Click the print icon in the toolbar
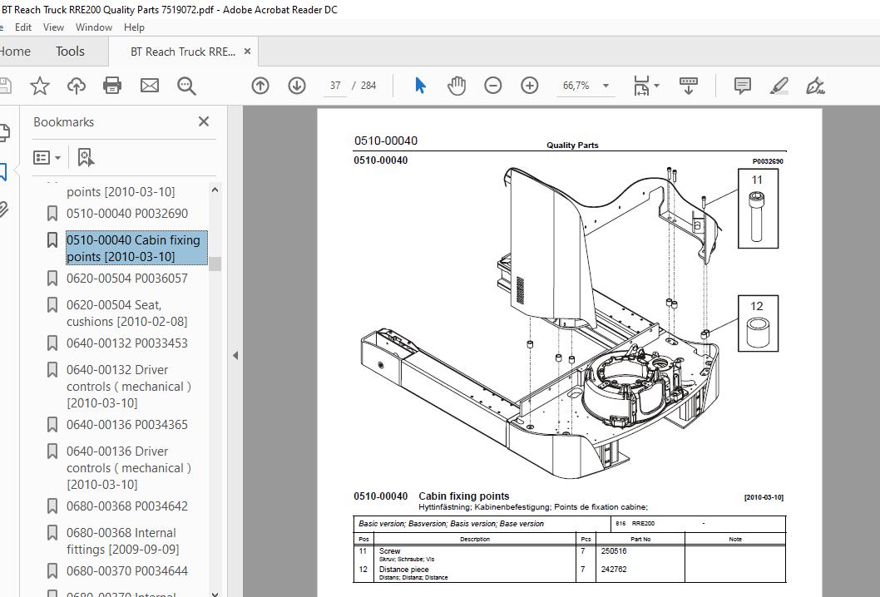[x=112, y=86]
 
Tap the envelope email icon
[x=149, y=86]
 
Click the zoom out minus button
[x=492, y=86]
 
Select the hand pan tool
[x=457, y=86]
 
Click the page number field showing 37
[x=335, y=86]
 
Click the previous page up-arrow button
[x=260, y=86]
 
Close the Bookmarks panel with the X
[x=204, y=121]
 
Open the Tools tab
[x=70, y=52]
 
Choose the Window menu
[x=94, y=27]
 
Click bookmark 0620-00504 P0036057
[x=126, y=279]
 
